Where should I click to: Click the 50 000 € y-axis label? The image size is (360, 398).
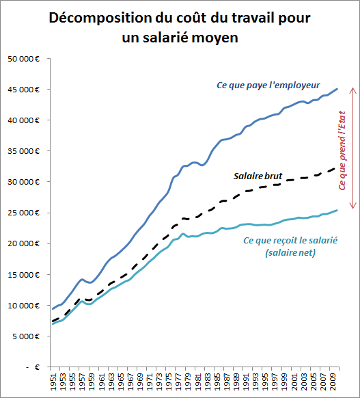coord(24,59)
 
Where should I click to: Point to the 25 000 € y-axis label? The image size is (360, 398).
coord(24,213)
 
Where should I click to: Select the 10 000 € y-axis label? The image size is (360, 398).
coord(24,306)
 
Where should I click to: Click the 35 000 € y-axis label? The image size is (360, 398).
coord(24,151)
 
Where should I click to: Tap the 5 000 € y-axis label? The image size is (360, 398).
coord(25,336)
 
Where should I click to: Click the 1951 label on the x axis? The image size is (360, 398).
coord(53,382)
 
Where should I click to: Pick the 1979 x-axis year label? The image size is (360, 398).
coord(188,382)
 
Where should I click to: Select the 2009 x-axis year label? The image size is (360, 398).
coord(333,382)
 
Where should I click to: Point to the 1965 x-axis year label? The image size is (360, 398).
coord(121,382)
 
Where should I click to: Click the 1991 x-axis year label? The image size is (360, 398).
coord(246,382)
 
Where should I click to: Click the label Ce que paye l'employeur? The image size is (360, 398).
coord(268,85)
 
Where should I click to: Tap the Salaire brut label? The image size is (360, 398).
coord(258,176)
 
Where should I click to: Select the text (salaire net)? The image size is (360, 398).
coord(290,252)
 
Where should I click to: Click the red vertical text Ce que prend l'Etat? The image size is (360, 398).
coord(342,150)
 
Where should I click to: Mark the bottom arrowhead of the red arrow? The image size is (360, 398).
coord(353,208)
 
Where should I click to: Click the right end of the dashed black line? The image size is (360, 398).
coord(335,168)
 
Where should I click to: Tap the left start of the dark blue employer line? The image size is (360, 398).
coord(53,309)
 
